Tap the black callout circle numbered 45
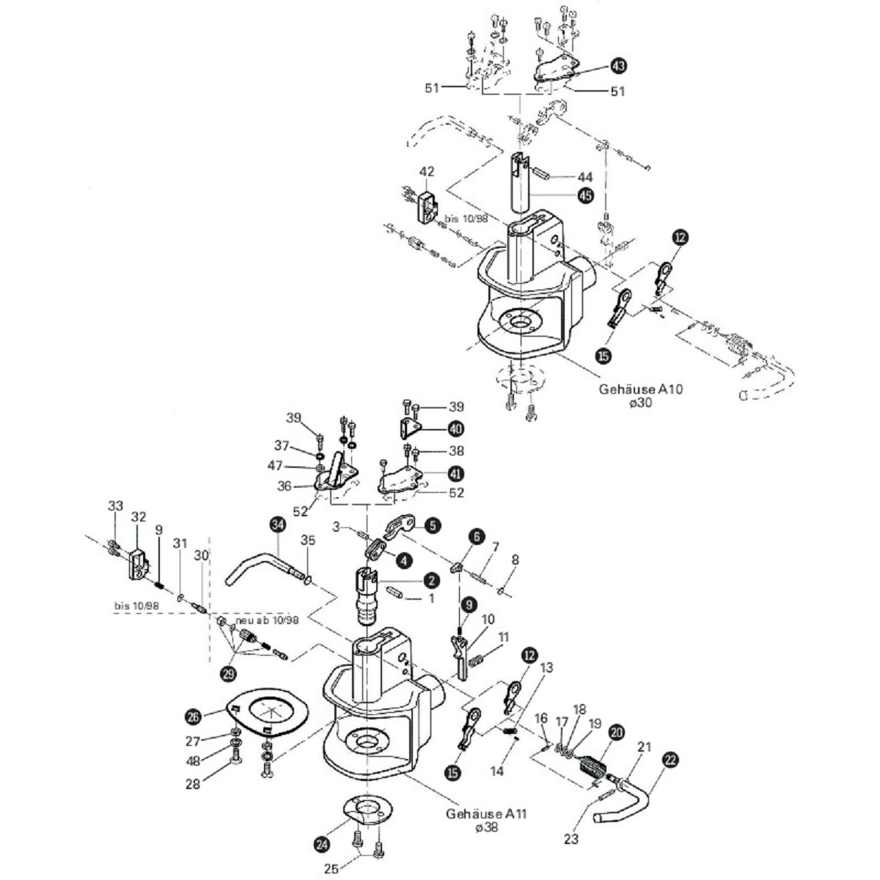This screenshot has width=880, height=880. pyautogui.click(x=585, y=196)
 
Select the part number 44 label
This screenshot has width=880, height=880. pyautogui.click(x=584, y=177)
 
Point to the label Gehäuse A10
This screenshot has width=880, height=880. pyautogui.click(x=640, y=389)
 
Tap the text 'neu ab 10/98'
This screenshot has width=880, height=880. pyautogui.click(x=268, y=620)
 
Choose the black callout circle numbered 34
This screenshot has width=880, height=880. pyautogui.click(x=276, y=524)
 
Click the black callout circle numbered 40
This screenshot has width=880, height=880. pyautogui.click(x=455, y=428)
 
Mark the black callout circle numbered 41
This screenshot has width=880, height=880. pyautogui.click(x=455, y=473)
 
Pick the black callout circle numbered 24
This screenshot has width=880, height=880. pyautogui.click(x=321, y=844)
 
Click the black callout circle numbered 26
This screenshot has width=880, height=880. pyautogui.click(x=193, y=716)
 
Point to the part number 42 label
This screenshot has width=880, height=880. pyautogui.click(x=427, y=172)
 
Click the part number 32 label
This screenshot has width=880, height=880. pyautogui.click(x=139, y=516)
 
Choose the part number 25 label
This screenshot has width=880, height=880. pyautogui.click(x=332, y=869)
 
